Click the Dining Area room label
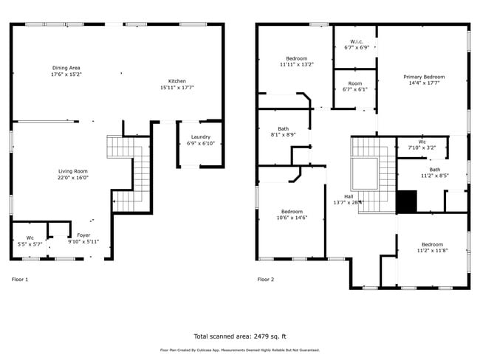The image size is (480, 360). [x=66, y=68]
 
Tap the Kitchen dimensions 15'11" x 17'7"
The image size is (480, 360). [x=176, y=88]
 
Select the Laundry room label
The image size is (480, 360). [x=200, y=136]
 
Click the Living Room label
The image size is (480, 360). [x=73, y=171]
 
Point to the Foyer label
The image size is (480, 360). [x=83, y=235]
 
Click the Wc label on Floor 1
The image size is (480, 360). [x=30, y=238]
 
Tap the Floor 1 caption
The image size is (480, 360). [x=20, y=280]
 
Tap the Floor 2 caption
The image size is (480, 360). [x=265, y=280]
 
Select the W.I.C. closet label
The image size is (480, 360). [x=355, y=41]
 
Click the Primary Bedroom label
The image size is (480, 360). [x=423, y=77]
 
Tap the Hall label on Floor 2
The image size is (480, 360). [x=348, y=196]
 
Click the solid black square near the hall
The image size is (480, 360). [x=406, y=201]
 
